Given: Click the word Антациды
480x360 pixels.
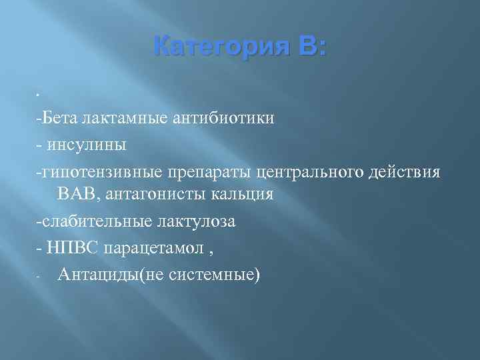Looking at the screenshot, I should pos(97,273).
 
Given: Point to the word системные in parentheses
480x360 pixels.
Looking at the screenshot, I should pos(215,273).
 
